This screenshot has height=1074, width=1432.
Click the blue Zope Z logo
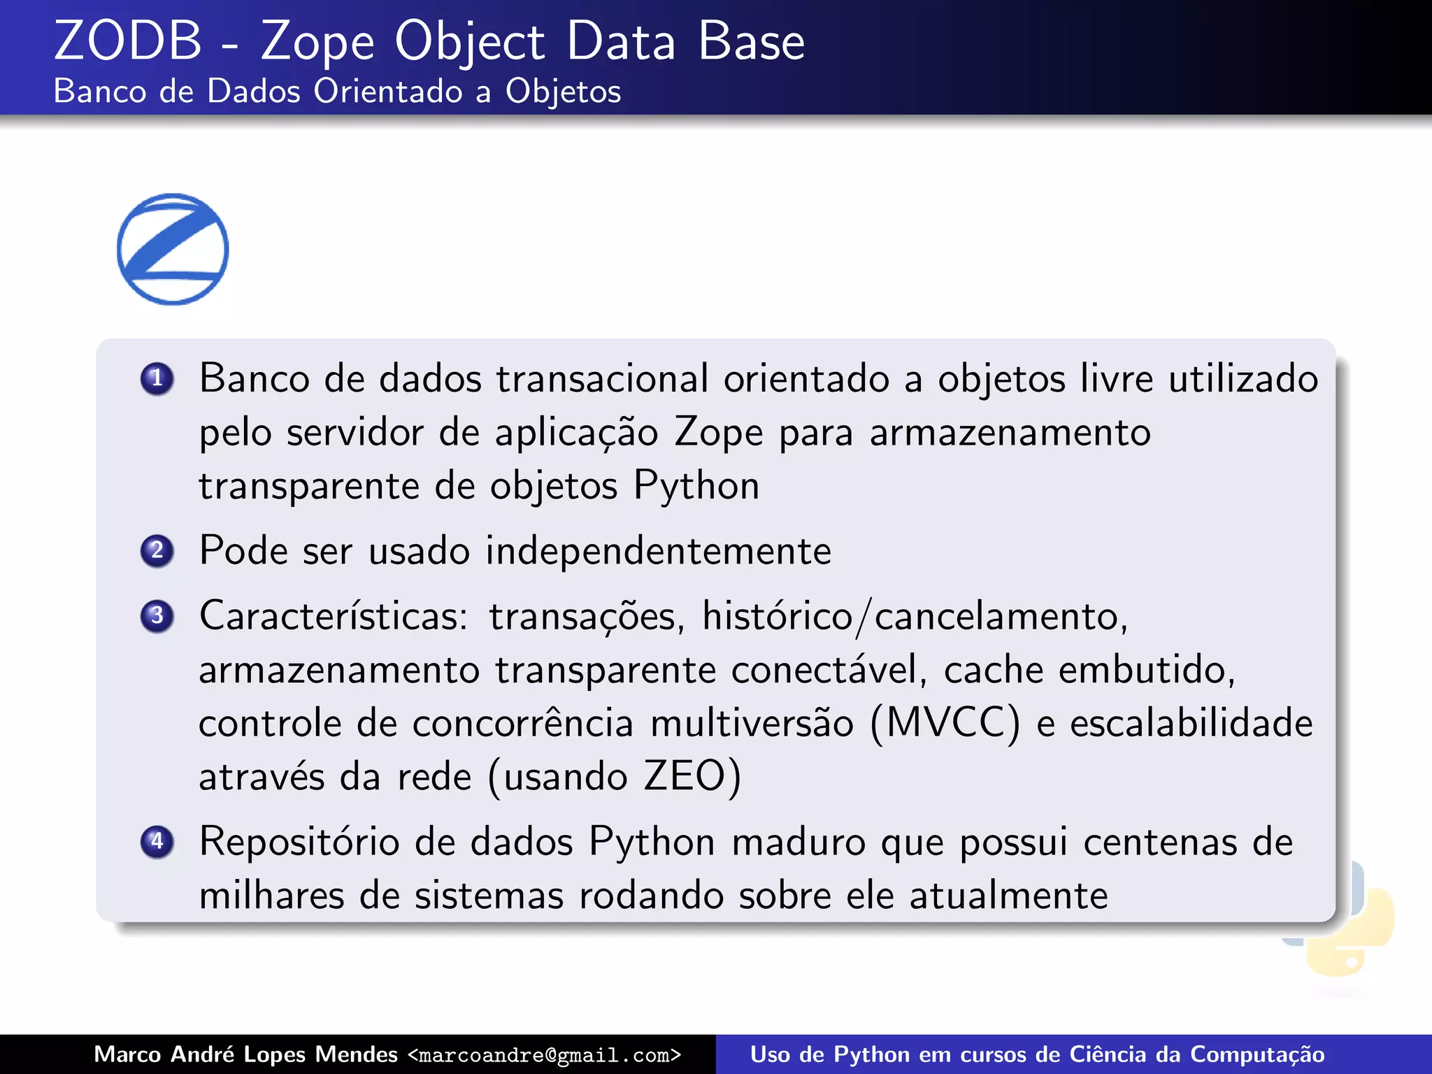pyautogui.click(x=173, y=249)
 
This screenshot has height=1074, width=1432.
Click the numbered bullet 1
pyautogui.click(x=157, y=378)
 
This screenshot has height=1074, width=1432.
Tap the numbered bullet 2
pyautogui.click(x=157, y=550)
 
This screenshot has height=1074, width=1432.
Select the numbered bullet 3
pyautogui.click(x=157, y=615)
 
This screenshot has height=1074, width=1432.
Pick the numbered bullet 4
pyautogui.click(x=157, y=840)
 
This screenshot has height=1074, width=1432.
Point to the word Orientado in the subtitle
pyautogui.click(x=388, y=91)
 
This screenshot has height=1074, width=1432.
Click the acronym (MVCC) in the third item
pyautogui.click(x=945, y=723)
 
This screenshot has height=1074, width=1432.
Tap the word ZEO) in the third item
pyautogui.click(x=692, y=776)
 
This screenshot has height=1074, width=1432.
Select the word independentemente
pyautogui.click(x=658, y=551)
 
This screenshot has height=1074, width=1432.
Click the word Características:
pyautogui.click(x=334, y=616)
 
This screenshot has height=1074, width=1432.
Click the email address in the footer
pyautogui.click(x=545, y=1054)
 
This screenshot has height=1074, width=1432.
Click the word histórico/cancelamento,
pyautogui.click(x=915, y=617)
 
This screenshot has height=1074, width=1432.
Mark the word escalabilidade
pyautogui.click(x=1191, y=723)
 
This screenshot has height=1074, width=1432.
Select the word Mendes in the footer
pyautogui.click(x=356, y=1054)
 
